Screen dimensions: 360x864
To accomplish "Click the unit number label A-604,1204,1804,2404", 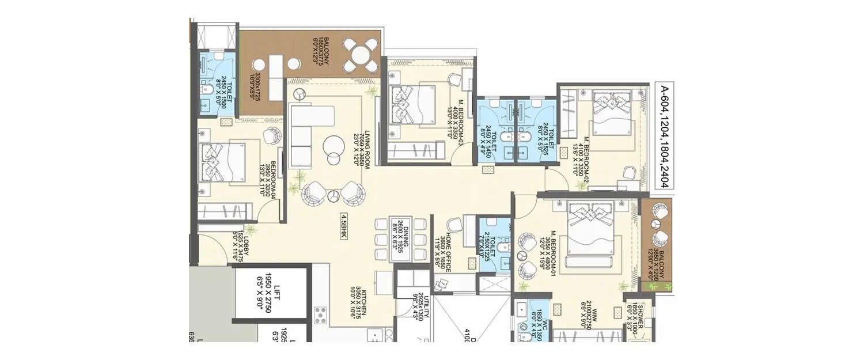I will pyautogui.click(x=664, y=136).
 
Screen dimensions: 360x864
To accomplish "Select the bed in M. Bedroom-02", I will pyautogui.click(x=611, y=115).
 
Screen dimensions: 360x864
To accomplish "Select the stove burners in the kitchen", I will pyautogui.click(x=321, y=316).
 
